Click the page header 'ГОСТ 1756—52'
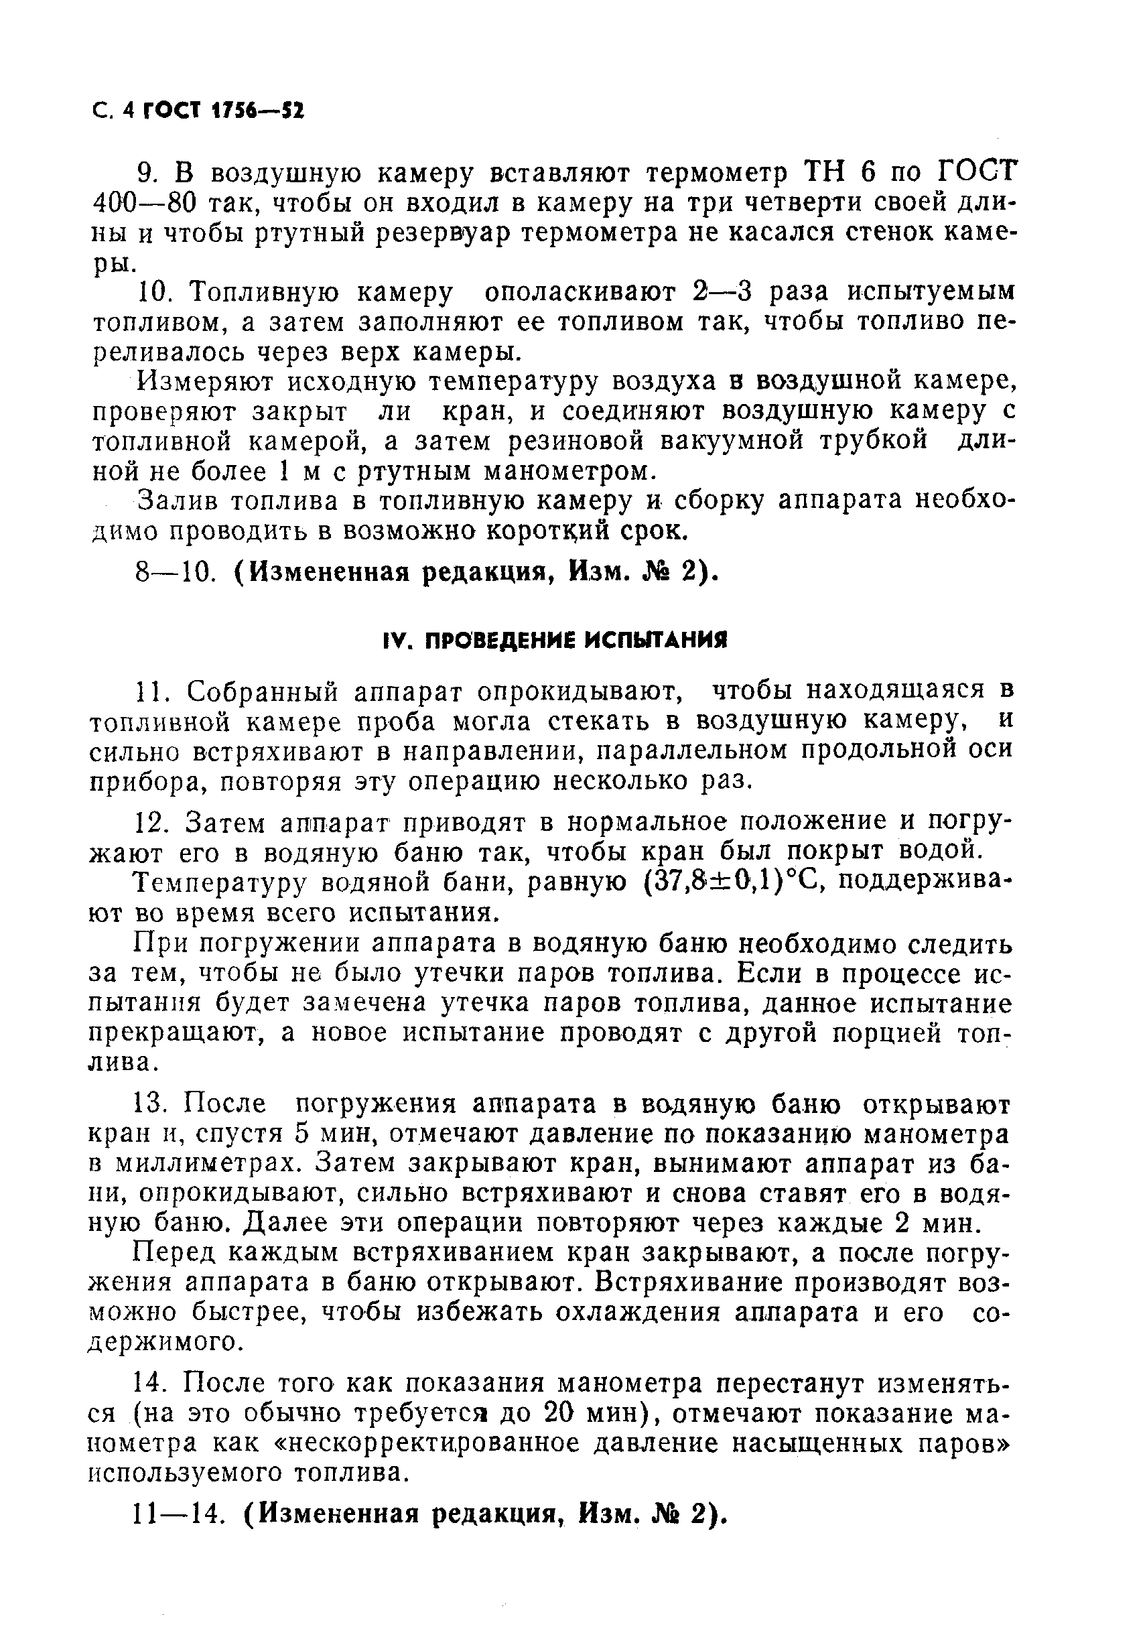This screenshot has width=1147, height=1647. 223,111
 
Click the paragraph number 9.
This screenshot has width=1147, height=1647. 145,174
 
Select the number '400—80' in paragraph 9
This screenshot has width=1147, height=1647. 144,204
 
